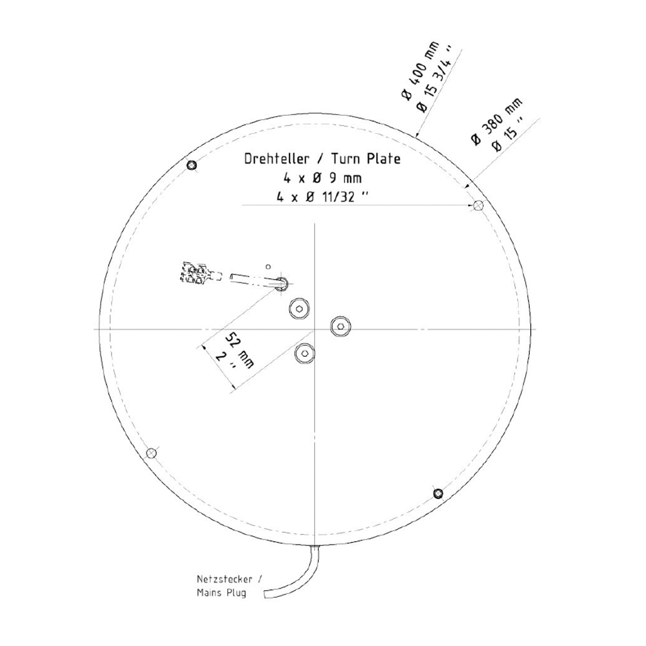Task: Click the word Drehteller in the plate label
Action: (x=276, y=158)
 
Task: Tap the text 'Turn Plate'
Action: (x=366, y=158)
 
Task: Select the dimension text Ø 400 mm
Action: (x=420, y=70)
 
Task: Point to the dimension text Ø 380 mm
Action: (x=497, y=121)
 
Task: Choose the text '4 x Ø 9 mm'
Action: (x=322, y=178)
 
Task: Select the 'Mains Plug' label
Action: (x=221, y=593)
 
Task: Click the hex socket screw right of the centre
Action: (x=341, y=326)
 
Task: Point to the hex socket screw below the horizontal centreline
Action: (x=304, y=353)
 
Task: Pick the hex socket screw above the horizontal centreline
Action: (x=300, y=308)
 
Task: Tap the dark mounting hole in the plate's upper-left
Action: (x=191, y=165)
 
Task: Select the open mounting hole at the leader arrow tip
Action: (x=478, y=205)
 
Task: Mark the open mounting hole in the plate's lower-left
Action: (x=152, y=453)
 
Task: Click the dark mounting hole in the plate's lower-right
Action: (x=438, y=493)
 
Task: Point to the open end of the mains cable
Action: (x=266, y=594)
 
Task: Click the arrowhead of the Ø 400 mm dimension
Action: (x=417, y=135)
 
